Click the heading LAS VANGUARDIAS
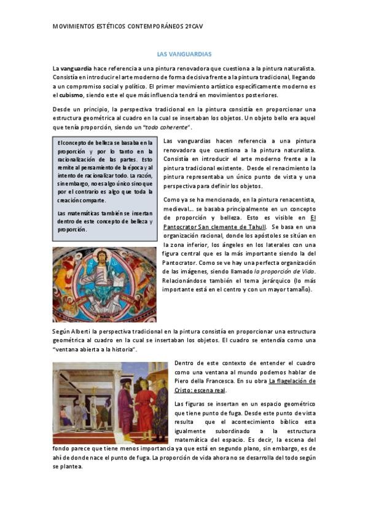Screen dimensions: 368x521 tap(184, 54)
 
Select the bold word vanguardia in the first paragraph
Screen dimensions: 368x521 tap(75, 68)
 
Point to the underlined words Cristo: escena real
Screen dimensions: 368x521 tap(200, 390)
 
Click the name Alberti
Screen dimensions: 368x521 tap(82, 331)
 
